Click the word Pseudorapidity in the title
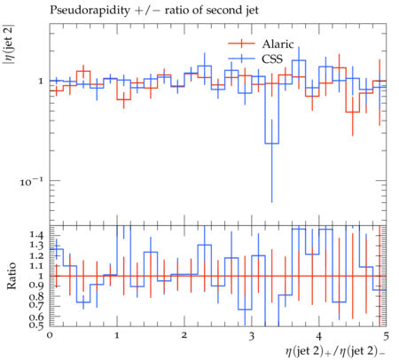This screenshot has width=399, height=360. (90, 11)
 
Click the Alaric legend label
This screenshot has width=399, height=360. (278, 44)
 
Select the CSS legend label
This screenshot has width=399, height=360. (272, 59)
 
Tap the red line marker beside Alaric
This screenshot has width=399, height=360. (241, 43)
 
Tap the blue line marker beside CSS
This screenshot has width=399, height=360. (241, 59)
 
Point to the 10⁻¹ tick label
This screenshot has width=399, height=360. (31, 181)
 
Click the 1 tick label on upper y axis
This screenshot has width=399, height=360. (41, 81)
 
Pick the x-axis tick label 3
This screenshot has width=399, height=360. (252, 336)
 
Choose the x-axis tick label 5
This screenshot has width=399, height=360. (386, 336)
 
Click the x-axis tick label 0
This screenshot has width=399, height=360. (50, 335)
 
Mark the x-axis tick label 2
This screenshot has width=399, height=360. (184, 335)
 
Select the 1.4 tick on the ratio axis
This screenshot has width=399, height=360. (36, 235)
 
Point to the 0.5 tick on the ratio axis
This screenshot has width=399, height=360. (36, 325)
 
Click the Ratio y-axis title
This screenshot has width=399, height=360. (12, 276)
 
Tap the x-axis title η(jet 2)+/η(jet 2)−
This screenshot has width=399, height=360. (335, 351)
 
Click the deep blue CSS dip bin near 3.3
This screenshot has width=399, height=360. (271, 144)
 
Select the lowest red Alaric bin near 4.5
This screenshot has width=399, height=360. (352, 112)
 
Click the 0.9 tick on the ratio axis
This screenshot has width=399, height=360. (36, 286)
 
